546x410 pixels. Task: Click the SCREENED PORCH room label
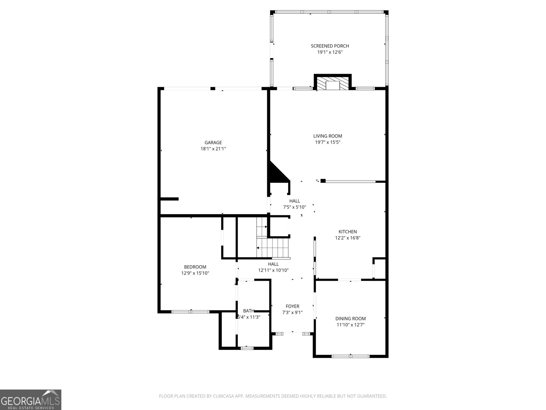pyautogui.click(x=330, y=46)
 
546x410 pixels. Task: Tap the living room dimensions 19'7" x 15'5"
pyautogui.click(x=328, y=142)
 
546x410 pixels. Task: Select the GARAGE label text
pyautogui.click(x=213, y=142)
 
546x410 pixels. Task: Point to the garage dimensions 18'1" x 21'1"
pyautogui.click(x=213, y=149)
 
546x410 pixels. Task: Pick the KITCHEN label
pyautogui.click(x=347, y=232)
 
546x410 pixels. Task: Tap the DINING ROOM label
pyautogui.click(x=350, y=318)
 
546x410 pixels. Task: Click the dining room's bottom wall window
pyautogui.click(x=350, y=356)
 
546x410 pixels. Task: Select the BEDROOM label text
pyautogui.click(x=195, y=267)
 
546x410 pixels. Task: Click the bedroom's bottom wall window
pyautogui.click(x=190, y=312)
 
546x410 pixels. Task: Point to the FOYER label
pyautogui.click(x=292, y=306)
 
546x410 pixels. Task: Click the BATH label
pyautogui.click(x=248, y=311)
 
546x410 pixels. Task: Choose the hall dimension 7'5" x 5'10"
pyautogui.click(x=294, y=207)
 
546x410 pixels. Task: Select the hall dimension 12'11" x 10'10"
pyautogui.click(x=273, y=270)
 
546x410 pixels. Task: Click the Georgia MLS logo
pyautogui.click(x=31, y=399)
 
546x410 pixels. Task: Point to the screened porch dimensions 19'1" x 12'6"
pyautogui.click(x=330, y=52)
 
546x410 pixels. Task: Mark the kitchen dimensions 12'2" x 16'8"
pyautogui.click(x=347, y=238)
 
